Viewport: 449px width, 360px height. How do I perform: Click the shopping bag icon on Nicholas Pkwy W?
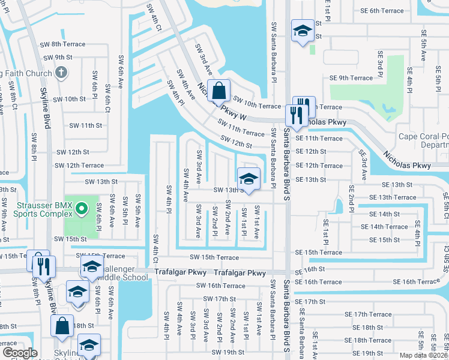click(220, 92)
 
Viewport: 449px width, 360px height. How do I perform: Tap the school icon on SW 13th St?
click(249, 179)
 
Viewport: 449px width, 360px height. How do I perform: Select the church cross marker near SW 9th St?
click(60, 73)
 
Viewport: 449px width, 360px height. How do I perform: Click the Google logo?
click(19, 353)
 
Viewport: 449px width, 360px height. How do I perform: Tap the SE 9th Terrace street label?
click(351, 78)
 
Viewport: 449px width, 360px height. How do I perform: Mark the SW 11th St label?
click(85, 125)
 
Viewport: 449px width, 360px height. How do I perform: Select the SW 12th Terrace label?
click(79, 166)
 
